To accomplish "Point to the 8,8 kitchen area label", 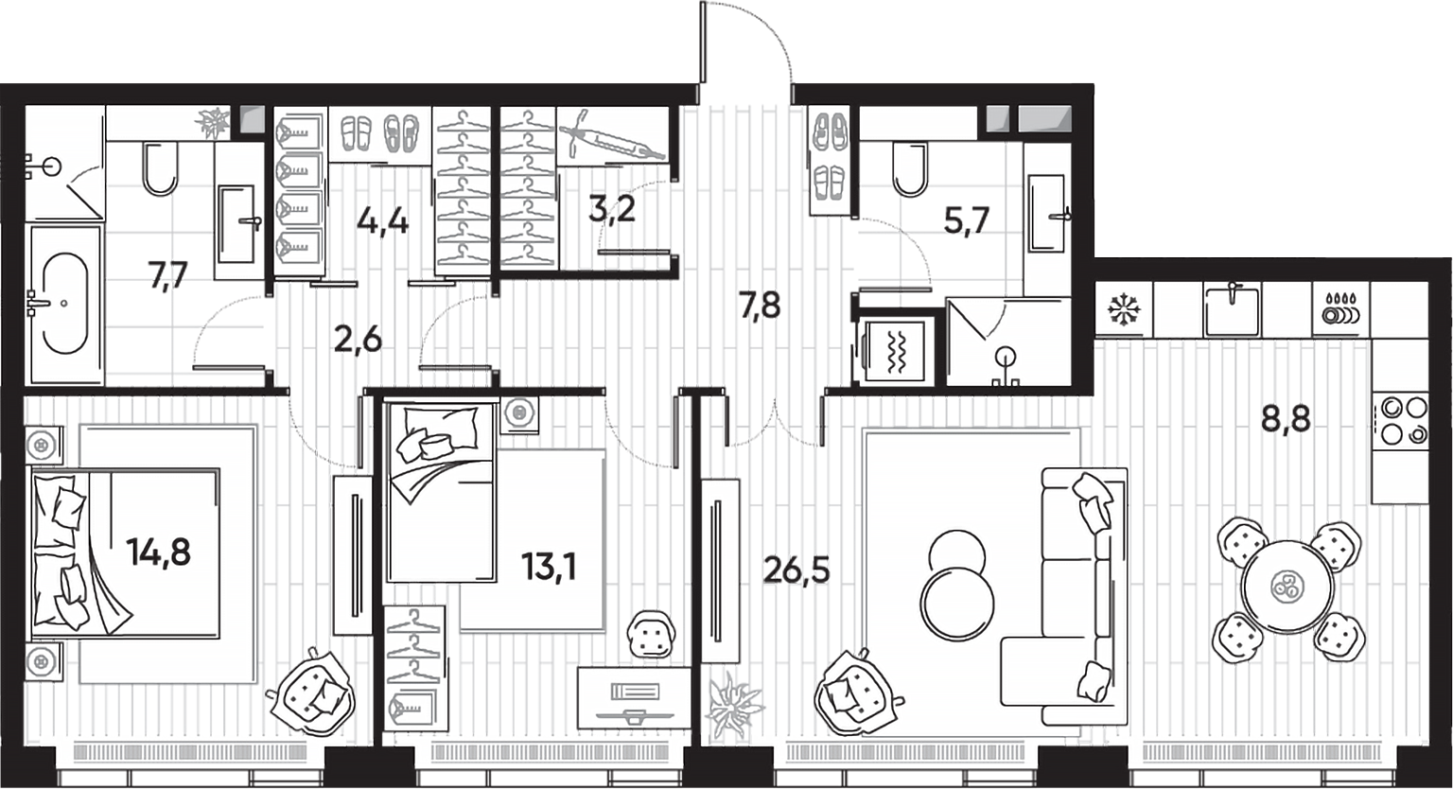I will tap(1286, 417).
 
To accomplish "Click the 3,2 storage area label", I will tap(611, 208).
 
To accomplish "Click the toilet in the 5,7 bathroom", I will tap(910, 168).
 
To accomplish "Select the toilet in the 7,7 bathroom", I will tap(160, 168).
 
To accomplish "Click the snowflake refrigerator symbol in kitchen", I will tap(1124, 309).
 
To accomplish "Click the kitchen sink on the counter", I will tap(1232, 309).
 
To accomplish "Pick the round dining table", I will tap(1287, 587).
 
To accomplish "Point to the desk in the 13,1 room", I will tap(633, 698).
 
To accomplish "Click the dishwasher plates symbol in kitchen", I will tap(1340, 310).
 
